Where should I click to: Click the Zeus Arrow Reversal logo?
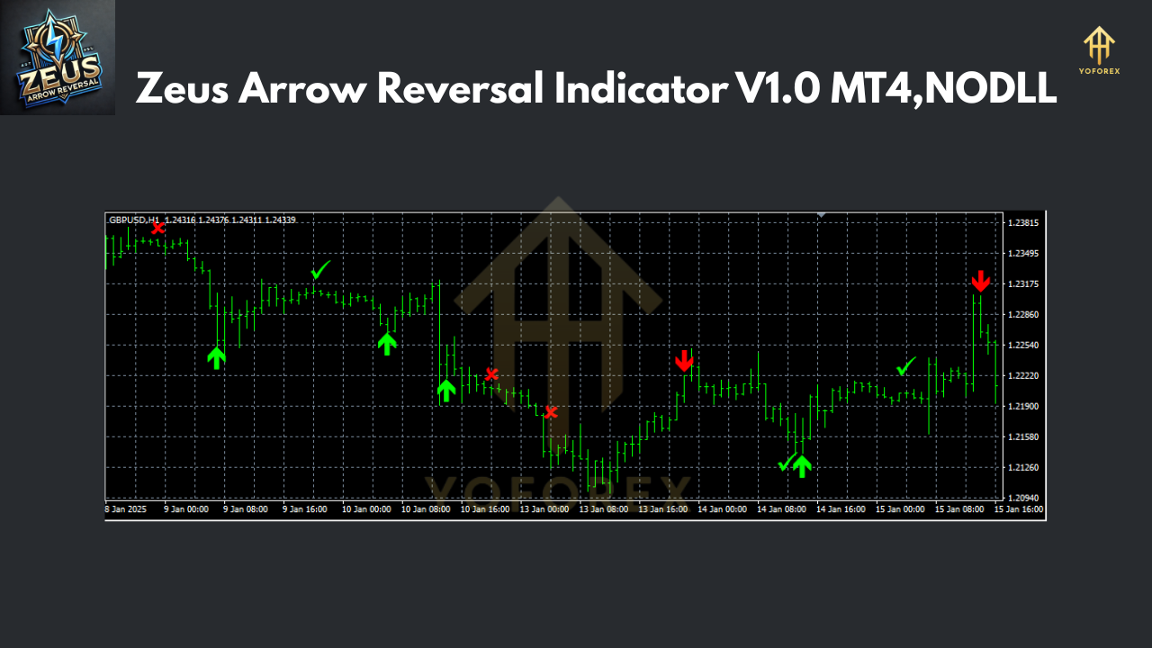coord(58,58)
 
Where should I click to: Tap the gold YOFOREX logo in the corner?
coord(1099,50)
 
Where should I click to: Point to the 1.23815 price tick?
coord(1022,222)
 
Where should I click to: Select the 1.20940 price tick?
coord(1022,498)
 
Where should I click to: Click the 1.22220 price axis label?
coord(1022,375)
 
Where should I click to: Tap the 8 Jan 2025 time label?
coord(125,508)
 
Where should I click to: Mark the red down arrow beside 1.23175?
coord(980,281)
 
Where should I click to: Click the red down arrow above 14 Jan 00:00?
coord(684,361)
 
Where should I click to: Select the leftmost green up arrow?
coord(216,357)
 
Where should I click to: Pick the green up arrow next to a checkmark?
coord(802,464)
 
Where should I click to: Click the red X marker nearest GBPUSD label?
coord(157,228)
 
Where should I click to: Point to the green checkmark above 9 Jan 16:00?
coord(320,269)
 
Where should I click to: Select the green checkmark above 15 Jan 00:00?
coord(905,366)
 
